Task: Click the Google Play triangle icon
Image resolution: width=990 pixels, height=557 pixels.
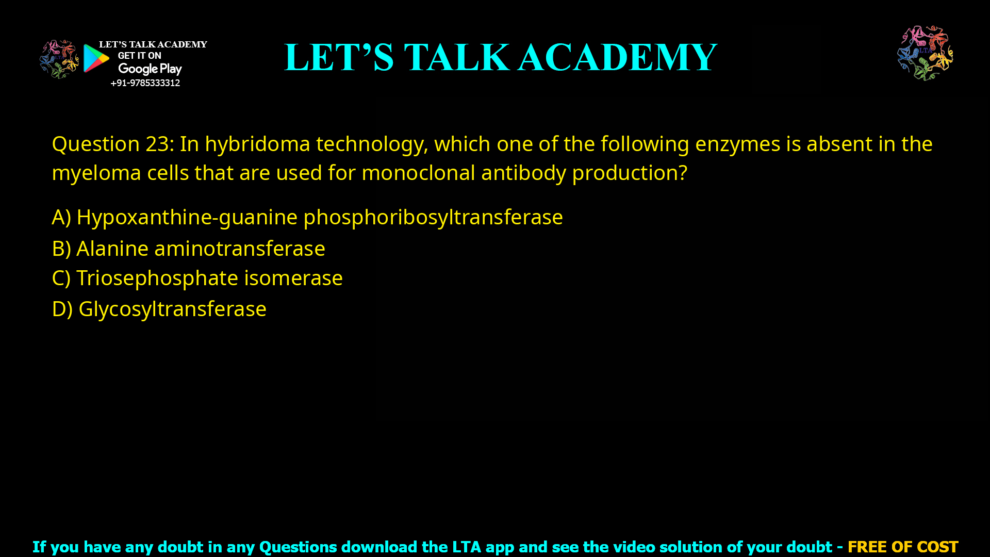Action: [x=96, y=58]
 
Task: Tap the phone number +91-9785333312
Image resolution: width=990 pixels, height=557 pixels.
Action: [x=145, y=83]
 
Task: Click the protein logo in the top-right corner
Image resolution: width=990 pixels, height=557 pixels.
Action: [x=925, y=53]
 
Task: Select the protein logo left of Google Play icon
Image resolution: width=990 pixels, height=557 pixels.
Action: [x=59, y=59]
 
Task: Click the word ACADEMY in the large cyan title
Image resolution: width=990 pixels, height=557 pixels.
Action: [x=617, y=57]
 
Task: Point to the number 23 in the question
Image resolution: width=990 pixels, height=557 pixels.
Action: [x=157, y=144]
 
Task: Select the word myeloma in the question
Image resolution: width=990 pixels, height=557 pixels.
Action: [x=96, y=173]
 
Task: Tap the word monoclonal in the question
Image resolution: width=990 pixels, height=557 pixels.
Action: [x=418, y=173]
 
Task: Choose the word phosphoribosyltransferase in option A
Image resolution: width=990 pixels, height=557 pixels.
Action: [x=433, y=217]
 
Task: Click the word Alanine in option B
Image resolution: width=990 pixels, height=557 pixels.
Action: [x=112, y=249]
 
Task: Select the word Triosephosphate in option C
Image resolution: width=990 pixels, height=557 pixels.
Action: [x=157, y=278]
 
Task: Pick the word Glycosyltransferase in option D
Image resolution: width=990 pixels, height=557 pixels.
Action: [x=172, y=309]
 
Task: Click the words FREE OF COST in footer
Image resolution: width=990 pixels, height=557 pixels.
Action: [x=903, y=547]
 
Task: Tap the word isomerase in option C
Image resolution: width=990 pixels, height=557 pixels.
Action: [x=293, y=278]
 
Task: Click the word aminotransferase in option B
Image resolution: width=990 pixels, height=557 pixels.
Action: [x=240, y=249]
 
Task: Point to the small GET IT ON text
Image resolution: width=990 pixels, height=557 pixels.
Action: [x=139, y=56]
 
